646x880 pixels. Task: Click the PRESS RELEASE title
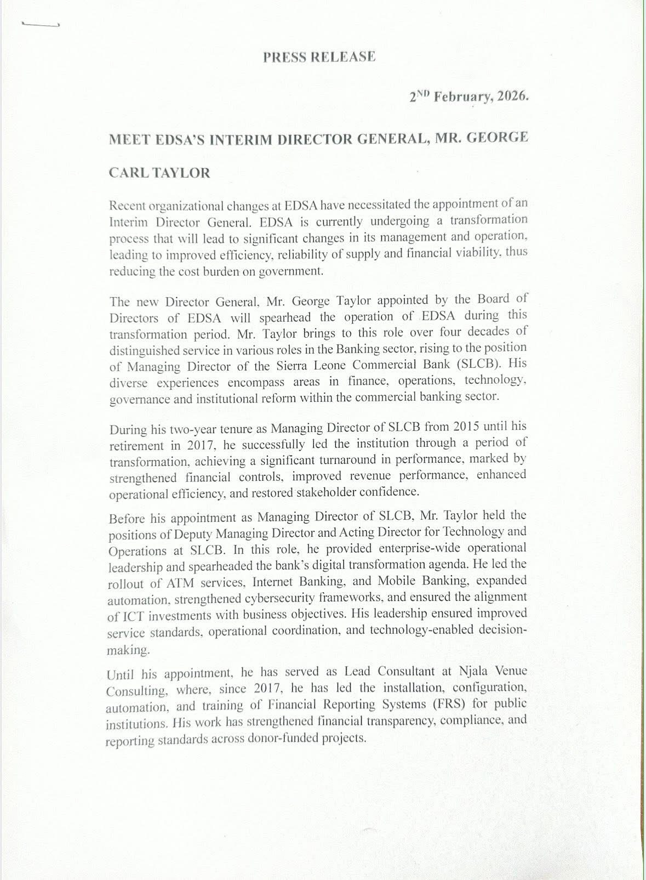pos(319,57)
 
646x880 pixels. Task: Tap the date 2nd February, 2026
pos(468,96)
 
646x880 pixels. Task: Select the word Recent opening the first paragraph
pos(127,206)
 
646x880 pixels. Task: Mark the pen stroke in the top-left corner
pos(39,25)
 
